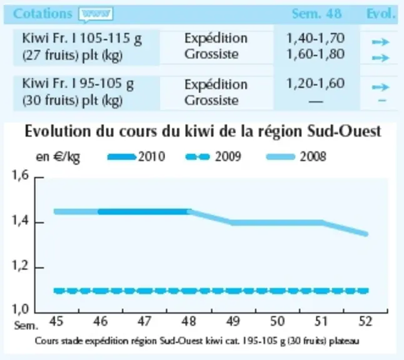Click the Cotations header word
[x=43, y=13]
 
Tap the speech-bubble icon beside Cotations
[x=96, y=14]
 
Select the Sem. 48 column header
[x=316, y=13]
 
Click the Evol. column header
[x=381, y=13]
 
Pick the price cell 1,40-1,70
[x=316, y=38]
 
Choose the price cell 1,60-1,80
[x=316, y=54]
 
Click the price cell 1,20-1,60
[x=316, y=83]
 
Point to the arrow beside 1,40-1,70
[x=381, y=42]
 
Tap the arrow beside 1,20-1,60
[x=381, y=87]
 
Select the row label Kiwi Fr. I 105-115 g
[x=82, y=39]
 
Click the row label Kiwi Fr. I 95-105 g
[x=78, y=84]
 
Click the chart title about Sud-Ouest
[x=203, y=131]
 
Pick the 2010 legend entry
[x=136, y=157]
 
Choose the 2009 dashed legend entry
[x=213, y=157]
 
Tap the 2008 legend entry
[x=296, y=157]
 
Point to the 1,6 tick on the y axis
[x=21, y=176]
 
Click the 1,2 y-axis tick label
[x=21, y=266]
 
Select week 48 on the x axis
[x=189, y=321]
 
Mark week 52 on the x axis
[x=365, y=321]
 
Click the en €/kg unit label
[x=58, y=157]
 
